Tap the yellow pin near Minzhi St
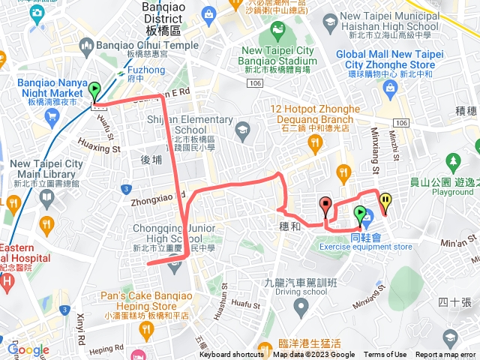click(x=385, y=200)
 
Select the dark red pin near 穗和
click(x=325, y=204)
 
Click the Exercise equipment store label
click(x=381, y=246)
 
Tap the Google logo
click(x=27, y=350)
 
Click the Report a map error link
click(x=446, y=355)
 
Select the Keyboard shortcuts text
click(x=232, y=355)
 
